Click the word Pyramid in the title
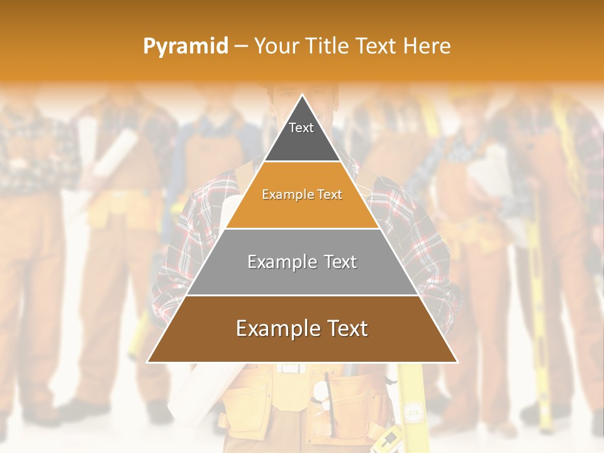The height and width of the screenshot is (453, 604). [185, 47]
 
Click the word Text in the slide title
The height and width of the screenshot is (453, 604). [377, 46]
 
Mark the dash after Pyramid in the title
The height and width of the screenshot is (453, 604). [240, 47]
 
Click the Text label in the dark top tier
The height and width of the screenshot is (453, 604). [301, 128]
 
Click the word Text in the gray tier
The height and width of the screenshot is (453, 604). [337, 262]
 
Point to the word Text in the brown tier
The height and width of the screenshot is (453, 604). [343, 328]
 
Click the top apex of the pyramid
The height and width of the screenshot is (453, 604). [302, 95]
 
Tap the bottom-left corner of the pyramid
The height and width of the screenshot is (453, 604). [148, 362]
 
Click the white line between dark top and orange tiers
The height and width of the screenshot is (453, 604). [302, 162]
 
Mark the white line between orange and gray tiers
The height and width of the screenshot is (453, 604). [302, 228]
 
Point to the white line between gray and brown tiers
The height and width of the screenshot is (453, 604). [302, 295]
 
